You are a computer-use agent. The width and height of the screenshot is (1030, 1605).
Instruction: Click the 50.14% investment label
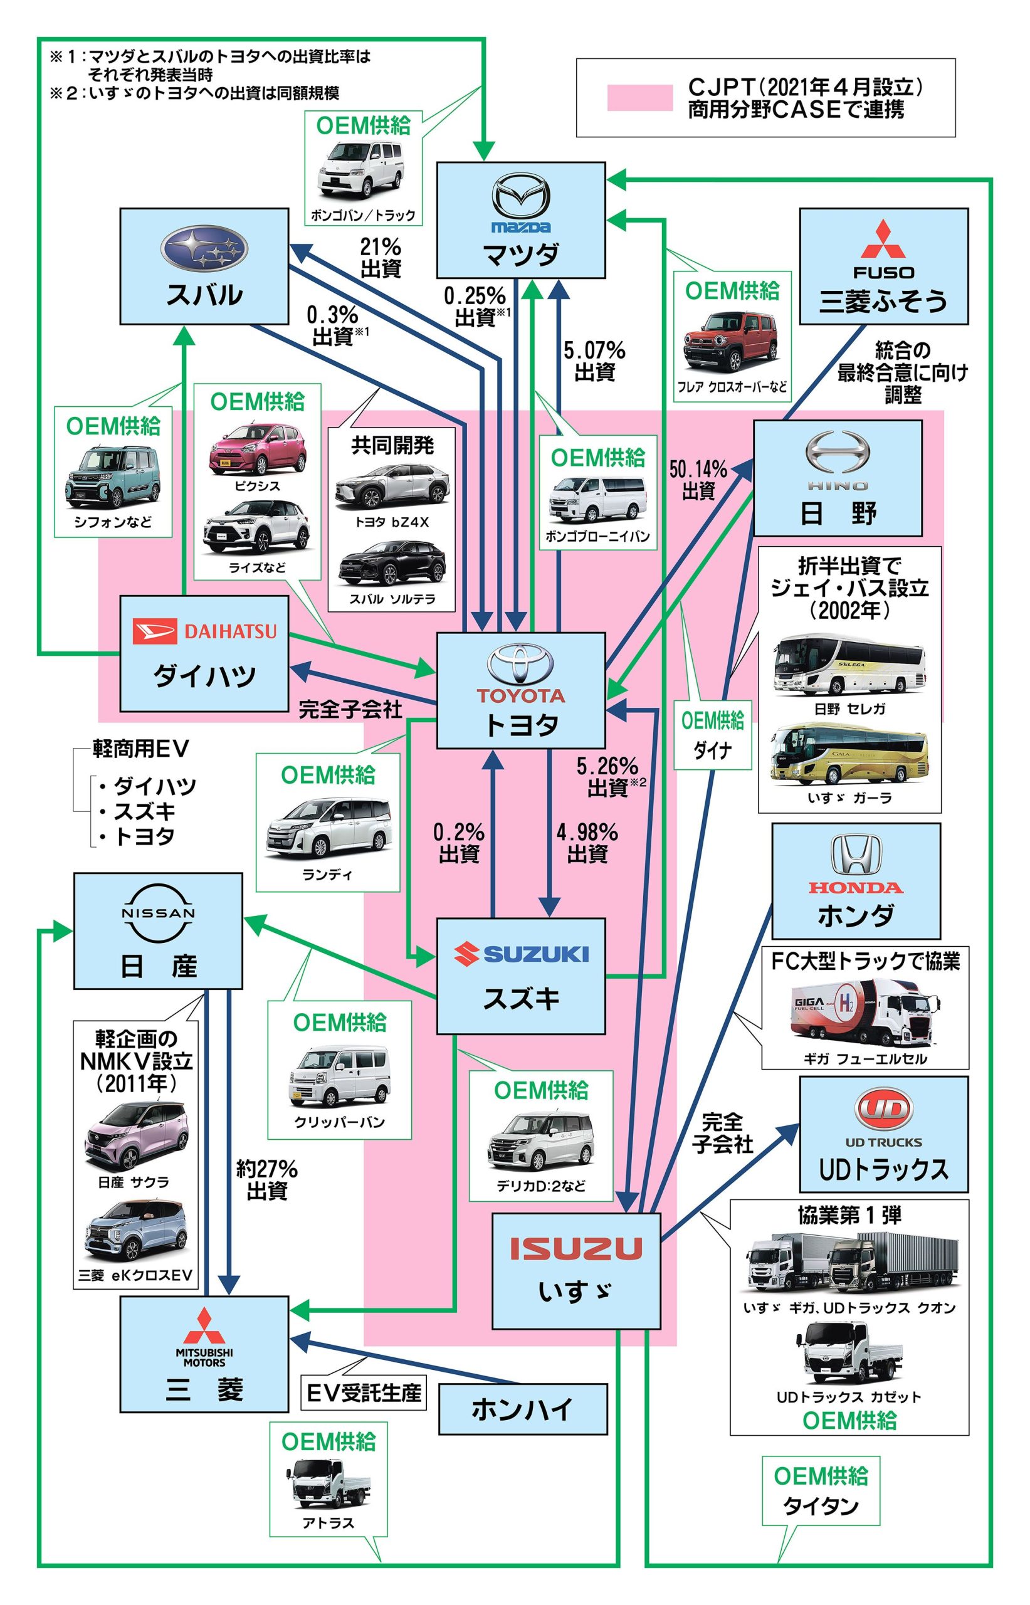point(698,480)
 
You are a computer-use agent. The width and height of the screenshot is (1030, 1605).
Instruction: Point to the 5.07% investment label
point(594,360)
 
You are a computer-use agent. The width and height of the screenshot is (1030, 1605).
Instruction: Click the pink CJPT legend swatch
point(639,98)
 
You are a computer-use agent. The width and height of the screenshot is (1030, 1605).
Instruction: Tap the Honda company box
point(856,880)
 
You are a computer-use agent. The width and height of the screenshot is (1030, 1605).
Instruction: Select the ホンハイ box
point(522,1409)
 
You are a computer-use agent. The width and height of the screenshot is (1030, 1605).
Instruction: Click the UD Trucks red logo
point(883,1110)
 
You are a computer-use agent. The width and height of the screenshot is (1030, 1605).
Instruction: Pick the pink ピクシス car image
point(258,448)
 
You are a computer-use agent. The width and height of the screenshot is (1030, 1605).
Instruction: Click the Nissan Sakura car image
point(137,1135)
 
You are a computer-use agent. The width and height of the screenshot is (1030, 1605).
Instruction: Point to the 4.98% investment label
point(587,843)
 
